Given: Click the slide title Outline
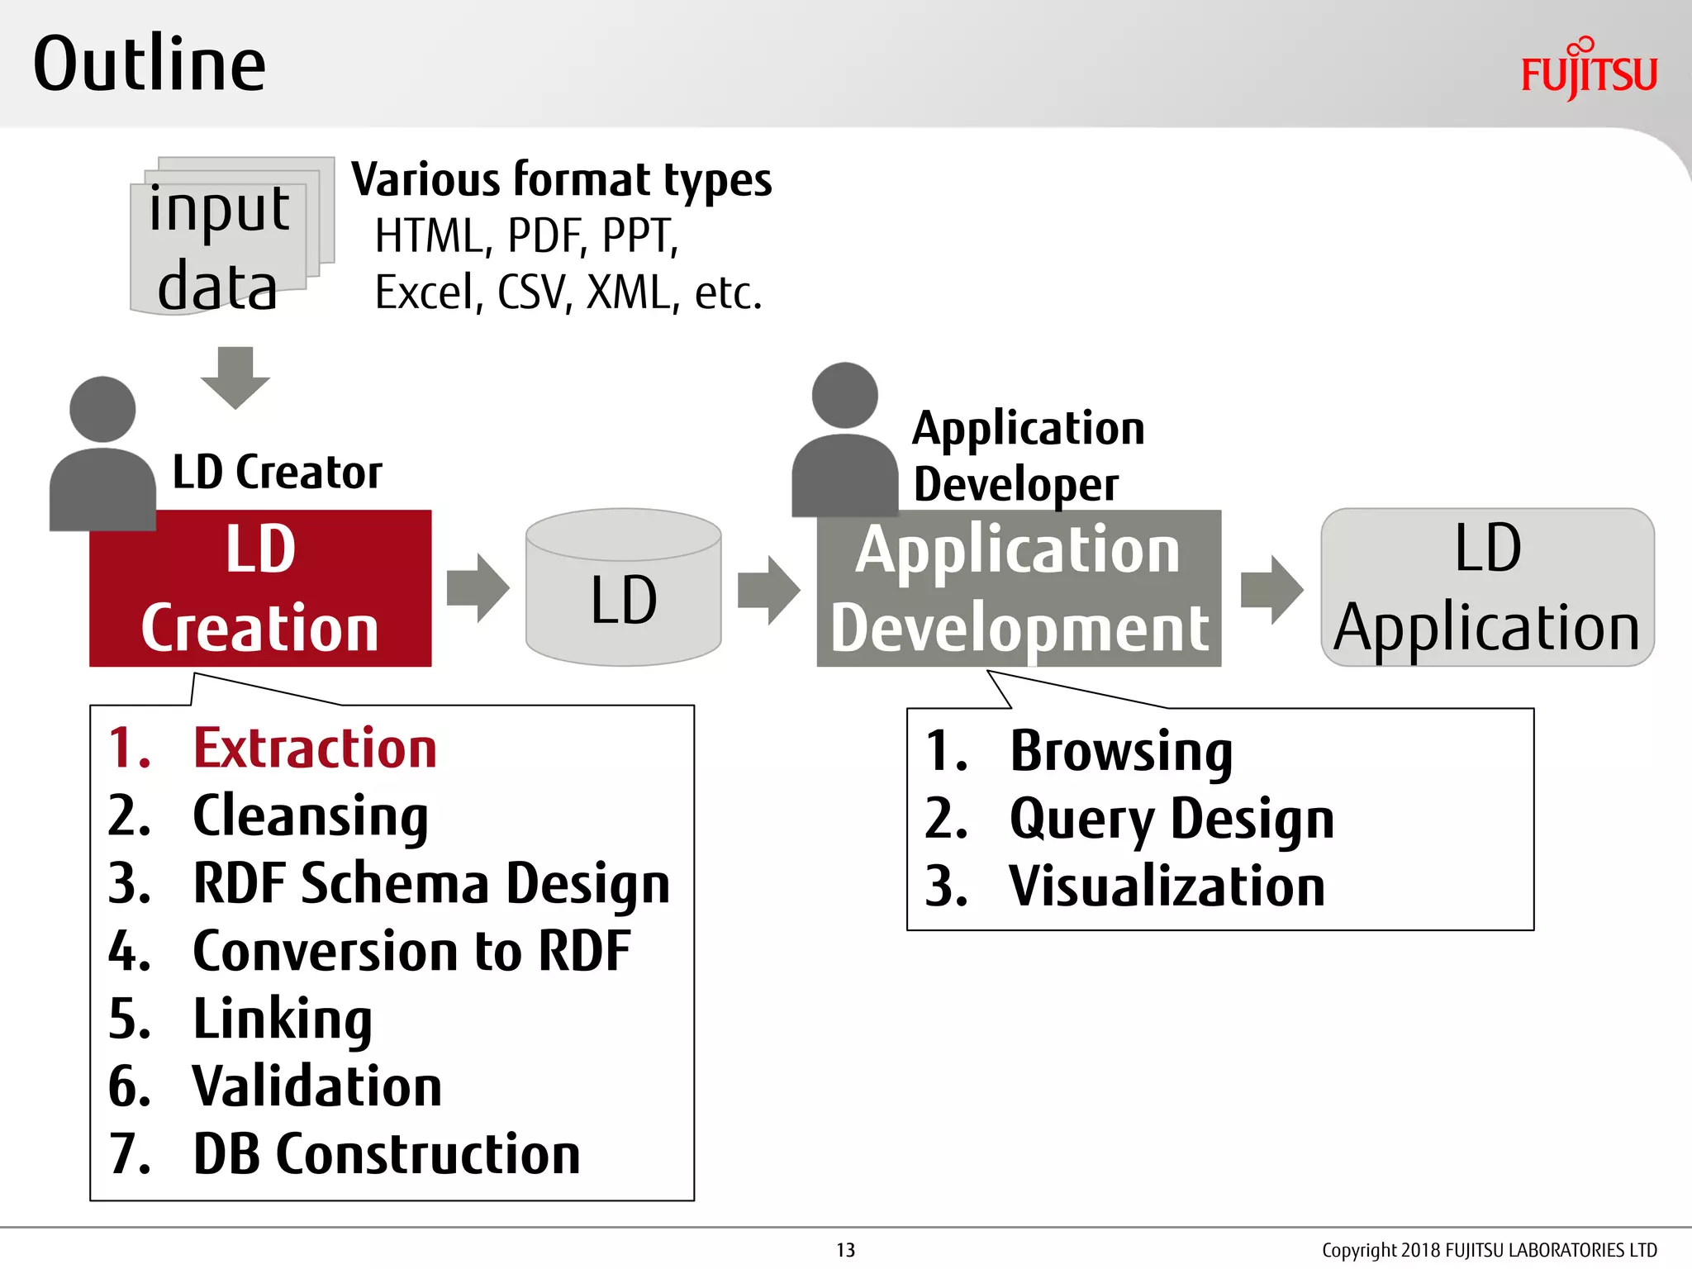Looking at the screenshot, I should click(x=150, y=64).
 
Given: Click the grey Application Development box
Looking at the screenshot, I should click(x=1019, y=588).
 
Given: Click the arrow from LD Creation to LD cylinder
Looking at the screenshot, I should click(x=478, y=588).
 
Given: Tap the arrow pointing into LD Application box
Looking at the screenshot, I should click(x=1271, y=589).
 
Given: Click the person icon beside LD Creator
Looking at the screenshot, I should click(x=102, y=454).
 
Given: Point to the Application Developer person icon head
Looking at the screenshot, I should click(x=844, y=395).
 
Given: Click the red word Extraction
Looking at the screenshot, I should click(x=314, y=749).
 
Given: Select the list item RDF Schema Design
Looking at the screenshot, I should click(x=430, y=883).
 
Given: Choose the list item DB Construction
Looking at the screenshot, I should click(x=386, y=1154).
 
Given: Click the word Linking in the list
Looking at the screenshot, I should click(x=282, y=1019).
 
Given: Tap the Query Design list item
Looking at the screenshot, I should click(x=1171, y=820).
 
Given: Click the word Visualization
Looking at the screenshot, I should click(x=1166, y=886).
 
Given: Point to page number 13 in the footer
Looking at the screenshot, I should click(x=845, y=1250).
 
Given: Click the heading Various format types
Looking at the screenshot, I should click(x=561, y=180).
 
